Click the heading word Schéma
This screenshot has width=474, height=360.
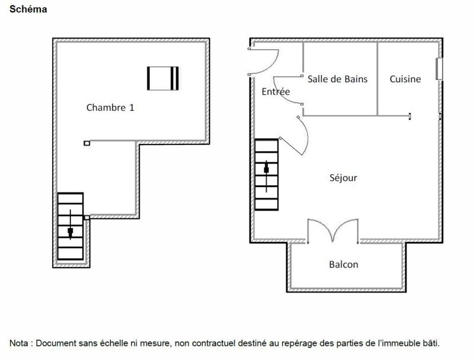(x=29, y=9)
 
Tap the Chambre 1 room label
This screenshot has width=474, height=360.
(x=110, y=107)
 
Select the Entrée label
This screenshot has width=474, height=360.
(x=276, y=92)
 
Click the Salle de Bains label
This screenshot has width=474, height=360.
(x=337, y=79)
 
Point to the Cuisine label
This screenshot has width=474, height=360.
(x=405, y=79)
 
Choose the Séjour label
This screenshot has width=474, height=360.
(x=343, y=178)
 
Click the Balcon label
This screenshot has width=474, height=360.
(x=344, y=264)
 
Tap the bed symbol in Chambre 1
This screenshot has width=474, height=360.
(x=163, y=79)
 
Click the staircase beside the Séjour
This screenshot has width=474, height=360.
(x=267, y=175)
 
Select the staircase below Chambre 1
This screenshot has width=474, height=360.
(x=71, y=228)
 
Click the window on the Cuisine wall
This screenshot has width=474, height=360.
(x=439, y=69)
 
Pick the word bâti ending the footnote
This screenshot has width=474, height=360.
(x=431, y=343)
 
